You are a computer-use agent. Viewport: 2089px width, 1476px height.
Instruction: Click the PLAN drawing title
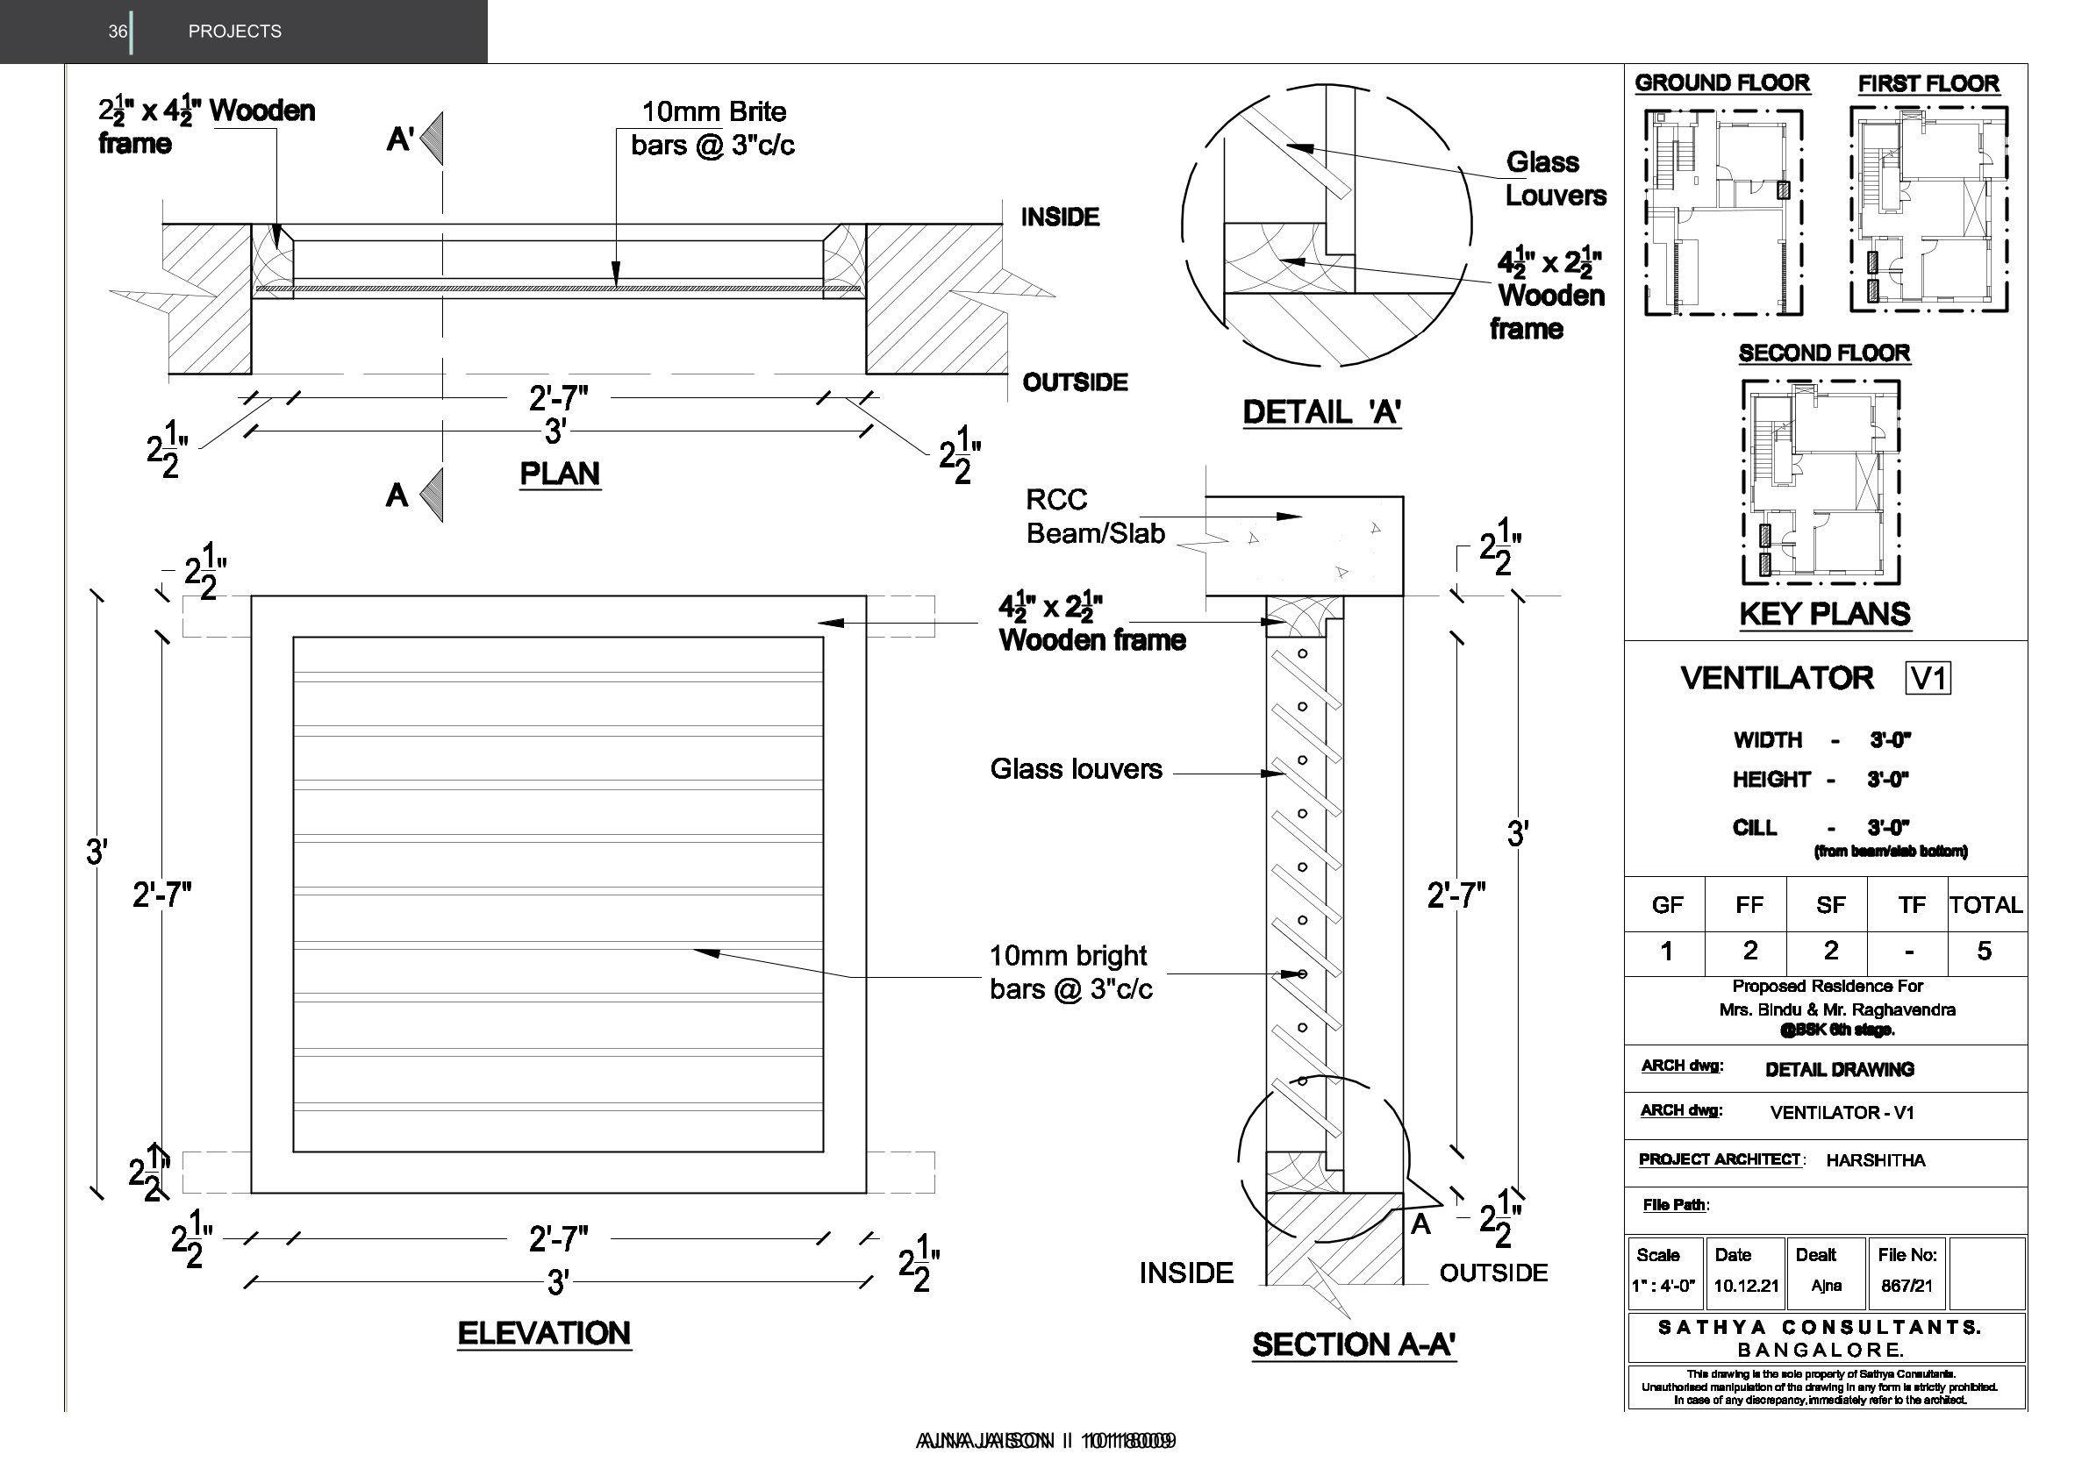559,474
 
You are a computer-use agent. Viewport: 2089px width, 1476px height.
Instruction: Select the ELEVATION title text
544,1333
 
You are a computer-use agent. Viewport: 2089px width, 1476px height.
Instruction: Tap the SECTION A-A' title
1354,1344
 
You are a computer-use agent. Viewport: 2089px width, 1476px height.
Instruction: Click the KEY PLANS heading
1824,614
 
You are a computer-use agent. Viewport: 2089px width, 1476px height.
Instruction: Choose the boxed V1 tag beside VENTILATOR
1928,679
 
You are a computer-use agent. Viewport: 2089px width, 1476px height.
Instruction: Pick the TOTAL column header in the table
1985,905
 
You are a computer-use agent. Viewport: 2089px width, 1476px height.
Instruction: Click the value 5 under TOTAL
1985,952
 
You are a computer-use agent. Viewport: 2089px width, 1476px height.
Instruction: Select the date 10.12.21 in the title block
1746,1286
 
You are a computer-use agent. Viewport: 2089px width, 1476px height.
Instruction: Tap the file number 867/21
1907,1286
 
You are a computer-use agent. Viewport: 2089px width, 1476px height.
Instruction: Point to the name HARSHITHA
1875,1160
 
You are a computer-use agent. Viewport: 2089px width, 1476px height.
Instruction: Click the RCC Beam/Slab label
1095,516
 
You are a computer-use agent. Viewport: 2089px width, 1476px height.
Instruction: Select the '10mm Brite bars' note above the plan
713,128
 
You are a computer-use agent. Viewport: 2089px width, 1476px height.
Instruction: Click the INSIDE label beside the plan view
1060,217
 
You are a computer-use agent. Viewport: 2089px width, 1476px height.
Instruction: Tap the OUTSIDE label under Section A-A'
1493,1273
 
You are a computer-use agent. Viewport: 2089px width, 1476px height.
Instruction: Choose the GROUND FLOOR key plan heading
1721,82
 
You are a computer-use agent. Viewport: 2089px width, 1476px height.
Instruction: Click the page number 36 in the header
118,32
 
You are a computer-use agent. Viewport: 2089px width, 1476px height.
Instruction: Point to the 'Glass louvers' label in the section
1076,769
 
